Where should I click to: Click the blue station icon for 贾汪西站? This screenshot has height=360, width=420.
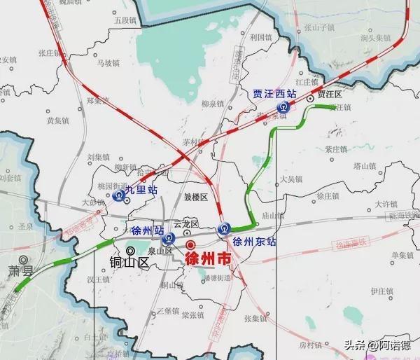click(x=283, y=107)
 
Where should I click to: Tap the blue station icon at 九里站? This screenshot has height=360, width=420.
click(x=120, y=195)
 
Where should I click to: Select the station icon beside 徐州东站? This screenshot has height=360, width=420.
click(x=224, y=228)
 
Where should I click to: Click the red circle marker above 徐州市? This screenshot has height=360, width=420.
click(x=191, y=244)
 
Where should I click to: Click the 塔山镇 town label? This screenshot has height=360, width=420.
click(x=365, y=166)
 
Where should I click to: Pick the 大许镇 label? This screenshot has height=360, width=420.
click(x=386, y=204)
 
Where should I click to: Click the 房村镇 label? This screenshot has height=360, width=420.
click(x=309, y=345)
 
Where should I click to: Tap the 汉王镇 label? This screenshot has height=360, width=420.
click(x=98, y=279)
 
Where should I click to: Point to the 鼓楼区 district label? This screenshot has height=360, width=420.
click(x=196, y=198)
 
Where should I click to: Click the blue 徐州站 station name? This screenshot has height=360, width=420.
click(x=147, y=230)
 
